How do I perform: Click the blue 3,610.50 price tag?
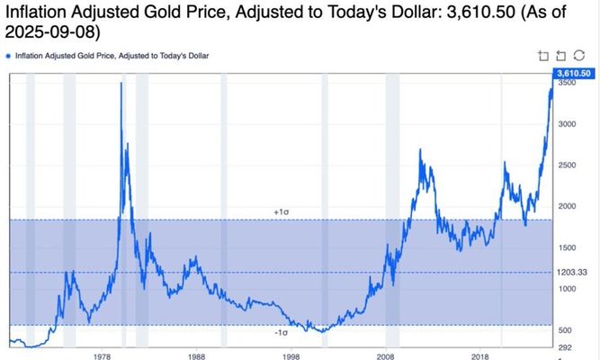pyautogui.click(x=573, y=72)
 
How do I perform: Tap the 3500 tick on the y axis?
pyautogui.click(x=567, y=83)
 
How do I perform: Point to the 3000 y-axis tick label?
pyautogui.click(x=567, y=124)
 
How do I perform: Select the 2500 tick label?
pyautogui.click(x=567, y=166)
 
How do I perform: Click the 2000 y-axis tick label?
pyautogui.click(x=567, y=206)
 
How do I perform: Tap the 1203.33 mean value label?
pyautogui.click(x=571, y=272)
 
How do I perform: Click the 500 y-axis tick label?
pyautogui.click(x=565, y=329)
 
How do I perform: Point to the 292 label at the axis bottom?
pyautogui.click(x=565, y=346)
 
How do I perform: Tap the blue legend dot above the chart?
pyautogui.click(x=9, y=56)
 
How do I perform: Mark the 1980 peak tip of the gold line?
pyautogui.click(x=121, y=83)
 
